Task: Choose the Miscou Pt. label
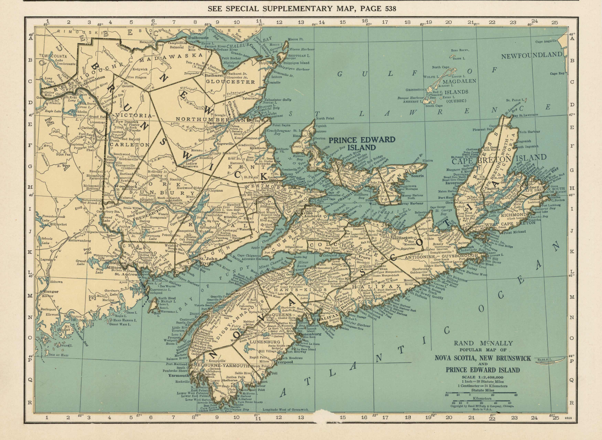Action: tap(296, 39)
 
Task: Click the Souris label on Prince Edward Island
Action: tap(417, 176)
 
